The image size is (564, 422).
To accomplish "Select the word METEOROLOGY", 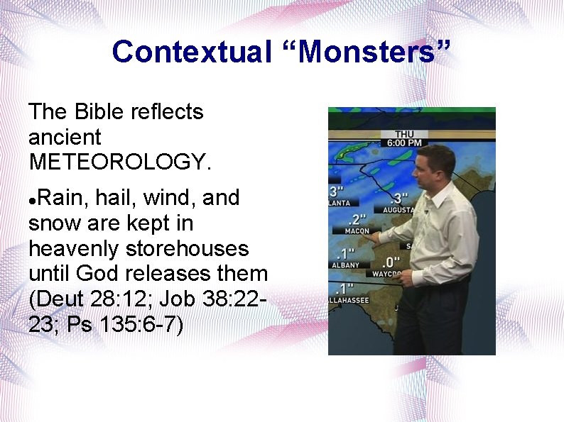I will coord(120,162).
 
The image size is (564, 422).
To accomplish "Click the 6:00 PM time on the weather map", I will coord(404,143).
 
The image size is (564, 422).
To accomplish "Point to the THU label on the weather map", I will coord(404,133).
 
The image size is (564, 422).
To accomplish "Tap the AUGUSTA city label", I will coord(398,211).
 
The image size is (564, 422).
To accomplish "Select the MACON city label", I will coord(357,231).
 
